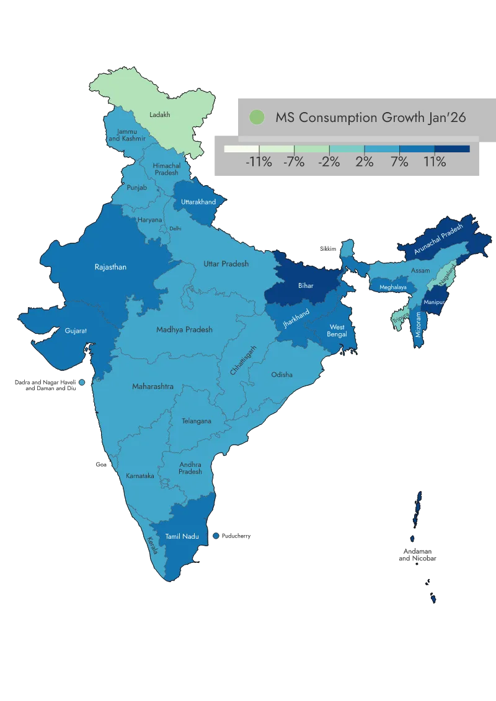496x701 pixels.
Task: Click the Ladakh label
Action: click(x=160, y=115)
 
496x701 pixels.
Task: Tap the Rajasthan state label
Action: click(x=110, y=267)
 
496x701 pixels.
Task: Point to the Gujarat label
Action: click(x=76, y=331)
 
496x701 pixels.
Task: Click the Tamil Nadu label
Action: click(x=182, y=536)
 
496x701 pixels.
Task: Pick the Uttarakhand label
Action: click(x=198, y=202)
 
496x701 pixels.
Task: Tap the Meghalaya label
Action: click(x=393, y=287)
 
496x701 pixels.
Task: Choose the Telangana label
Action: click(x=197, y=421)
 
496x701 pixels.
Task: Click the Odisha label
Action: click(x=282, y=375)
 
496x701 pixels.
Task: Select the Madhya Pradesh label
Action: click(x=184, y=329)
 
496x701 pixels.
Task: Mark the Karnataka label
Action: click(x=140, y=476)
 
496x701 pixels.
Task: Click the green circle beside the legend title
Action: click(x=256, y=117)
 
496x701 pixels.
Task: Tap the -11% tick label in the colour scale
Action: click(x=259, y=162)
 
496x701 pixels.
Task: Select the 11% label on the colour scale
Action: click(x=435, y=162)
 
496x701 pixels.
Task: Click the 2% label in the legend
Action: click(x=364, y=162)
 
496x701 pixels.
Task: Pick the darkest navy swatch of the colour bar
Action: click(x=452, y=149)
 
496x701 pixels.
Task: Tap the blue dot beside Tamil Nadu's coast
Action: click(x=216, y=536)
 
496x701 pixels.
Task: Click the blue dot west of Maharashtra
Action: click(x=81, y=383)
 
